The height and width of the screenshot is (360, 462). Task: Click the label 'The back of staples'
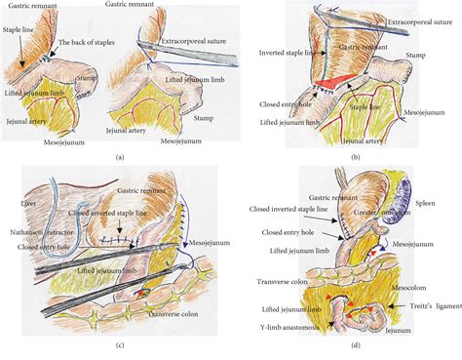[91, 43]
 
